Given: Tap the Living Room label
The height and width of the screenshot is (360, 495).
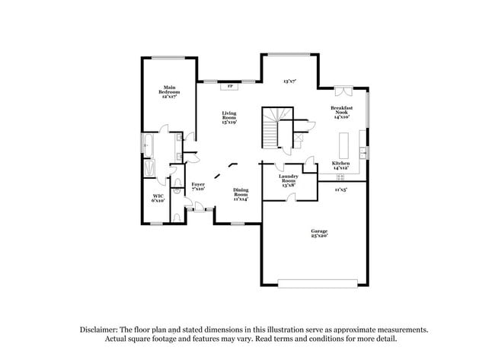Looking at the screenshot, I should (229, 118).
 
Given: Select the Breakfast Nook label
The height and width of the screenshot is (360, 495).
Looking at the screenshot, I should (340, 113).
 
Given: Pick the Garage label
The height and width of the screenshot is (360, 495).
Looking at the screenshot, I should (318, 233).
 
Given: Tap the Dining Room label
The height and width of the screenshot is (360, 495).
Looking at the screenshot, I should (240, 195).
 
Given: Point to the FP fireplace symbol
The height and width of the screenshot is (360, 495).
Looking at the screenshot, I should (230, 85).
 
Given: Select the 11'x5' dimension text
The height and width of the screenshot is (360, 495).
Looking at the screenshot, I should (340, 190).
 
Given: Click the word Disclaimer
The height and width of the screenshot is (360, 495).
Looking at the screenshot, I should (102, 330).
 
